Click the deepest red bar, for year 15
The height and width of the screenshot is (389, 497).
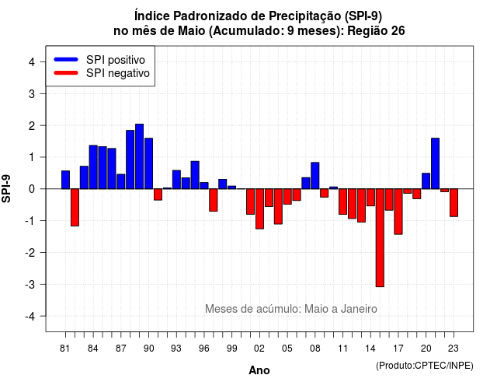(x=380, y=238)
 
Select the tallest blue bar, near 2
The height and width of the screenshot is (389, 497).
(x=139, y=156)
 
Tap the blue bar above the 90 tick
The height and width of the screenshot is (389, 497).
(x=148, y=163)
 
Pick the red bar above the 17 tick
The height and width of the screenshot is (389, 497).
(x=398, y=212)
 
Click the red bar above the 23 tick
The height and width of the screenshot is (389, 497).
(x=454, y=202)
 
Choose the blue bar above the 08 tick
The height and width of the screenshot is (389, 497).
(x=315, y=176)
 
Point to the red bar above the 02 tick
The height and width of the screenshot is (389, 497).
(x=259, y=209)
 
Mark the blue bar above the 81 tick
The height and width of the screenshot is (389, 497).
(x=65, y=180)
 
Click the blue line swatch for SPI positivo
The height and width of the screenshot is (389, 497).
(x=66, y=59)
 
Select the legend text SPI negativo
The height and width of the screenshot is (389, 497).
(x=118, y=73)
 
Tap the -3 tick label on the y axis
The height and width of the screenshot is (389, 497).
(x=30, y=285)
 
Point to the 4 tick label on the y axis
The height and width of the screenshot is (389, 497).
(x=32, y=62)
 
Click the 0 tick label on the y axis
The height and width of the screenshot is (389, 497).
(x=32, y=189)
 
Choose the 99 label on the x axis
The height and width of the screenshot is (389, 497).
(x=231, y=349)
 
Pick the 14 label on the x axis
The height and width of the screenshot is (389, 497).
(x=370, y=349)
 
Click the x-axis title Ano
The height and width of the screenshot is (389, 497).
(x=259, y=370)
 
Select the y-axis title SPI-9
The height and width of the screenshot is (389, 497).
(x=6, y=188)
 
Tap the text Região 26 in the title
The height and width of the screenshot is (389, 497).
(x=376, y=31)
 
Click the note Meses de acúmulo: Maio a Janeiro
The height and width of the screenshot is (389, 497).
(x=291, y=309)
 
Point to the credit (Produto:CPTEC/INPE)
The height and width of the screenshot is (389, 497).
(x=425, y=366)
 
